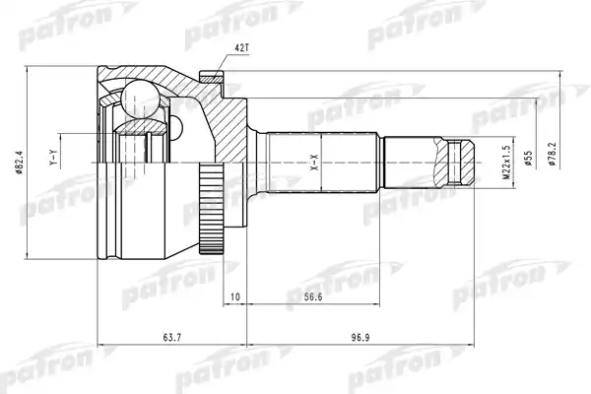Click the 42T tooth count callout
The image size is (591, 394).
(x=240, y=48)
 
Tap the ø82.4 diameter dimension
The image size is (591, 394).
(x=20, y=163)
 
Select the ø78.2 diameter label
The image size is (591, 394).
(x=552, y=154)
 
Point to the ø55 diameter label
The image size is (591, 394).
(x=528, y=159)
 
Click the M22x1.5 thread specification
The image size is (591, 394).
(x=506, y=163)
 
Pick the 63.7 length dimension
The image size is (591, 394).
(x=172, y=338)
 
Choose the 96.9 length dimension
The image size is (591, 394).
(x=360, y=338)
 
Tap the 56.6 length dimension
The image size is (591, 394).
(x=313, y=297)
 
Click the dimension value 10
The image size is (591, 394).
(x=234, y=297)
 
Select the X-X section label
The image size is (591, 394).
(x=315, y=163)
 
